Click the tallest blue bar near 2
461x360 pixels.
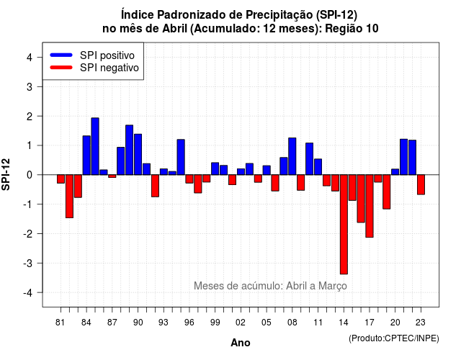tap(95, 146)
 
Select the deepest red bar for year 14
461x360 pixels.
tap(344, 225)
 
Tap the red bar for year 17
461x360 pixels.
tap(370, 206)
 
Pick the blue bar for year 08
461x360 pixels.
tap(292, 156)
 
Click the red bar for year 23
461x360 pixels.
tap(421, 184)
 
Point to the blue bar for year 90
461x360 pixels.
tap(138, 154)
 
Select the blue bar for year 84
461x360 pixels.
tap(86, 156)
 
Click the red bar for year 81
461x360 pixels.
tap(61, 179)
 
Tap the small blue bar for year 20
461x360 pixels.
tap(395, 172)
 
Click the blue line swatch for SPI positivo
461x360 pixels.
tap(61, 55)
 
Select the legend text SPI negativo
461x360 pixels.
tap(109, 68)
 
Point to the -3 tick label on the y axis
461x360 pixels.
tap(28, 264)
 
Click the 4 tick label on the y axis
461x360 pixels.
tap(30, 58)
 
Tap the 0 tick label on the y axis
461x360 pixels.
tap(30, 175)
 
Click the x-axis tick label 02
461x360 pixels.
tap(241, 323)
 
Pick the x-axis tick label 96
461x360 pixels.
tap(189, 323)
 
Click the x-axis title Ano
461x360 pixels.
tap(241, 343)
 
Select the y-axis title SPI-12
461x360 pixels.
tap(6, 174)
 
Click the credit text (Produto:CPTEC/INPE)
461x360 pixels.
tap(394, 338)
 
